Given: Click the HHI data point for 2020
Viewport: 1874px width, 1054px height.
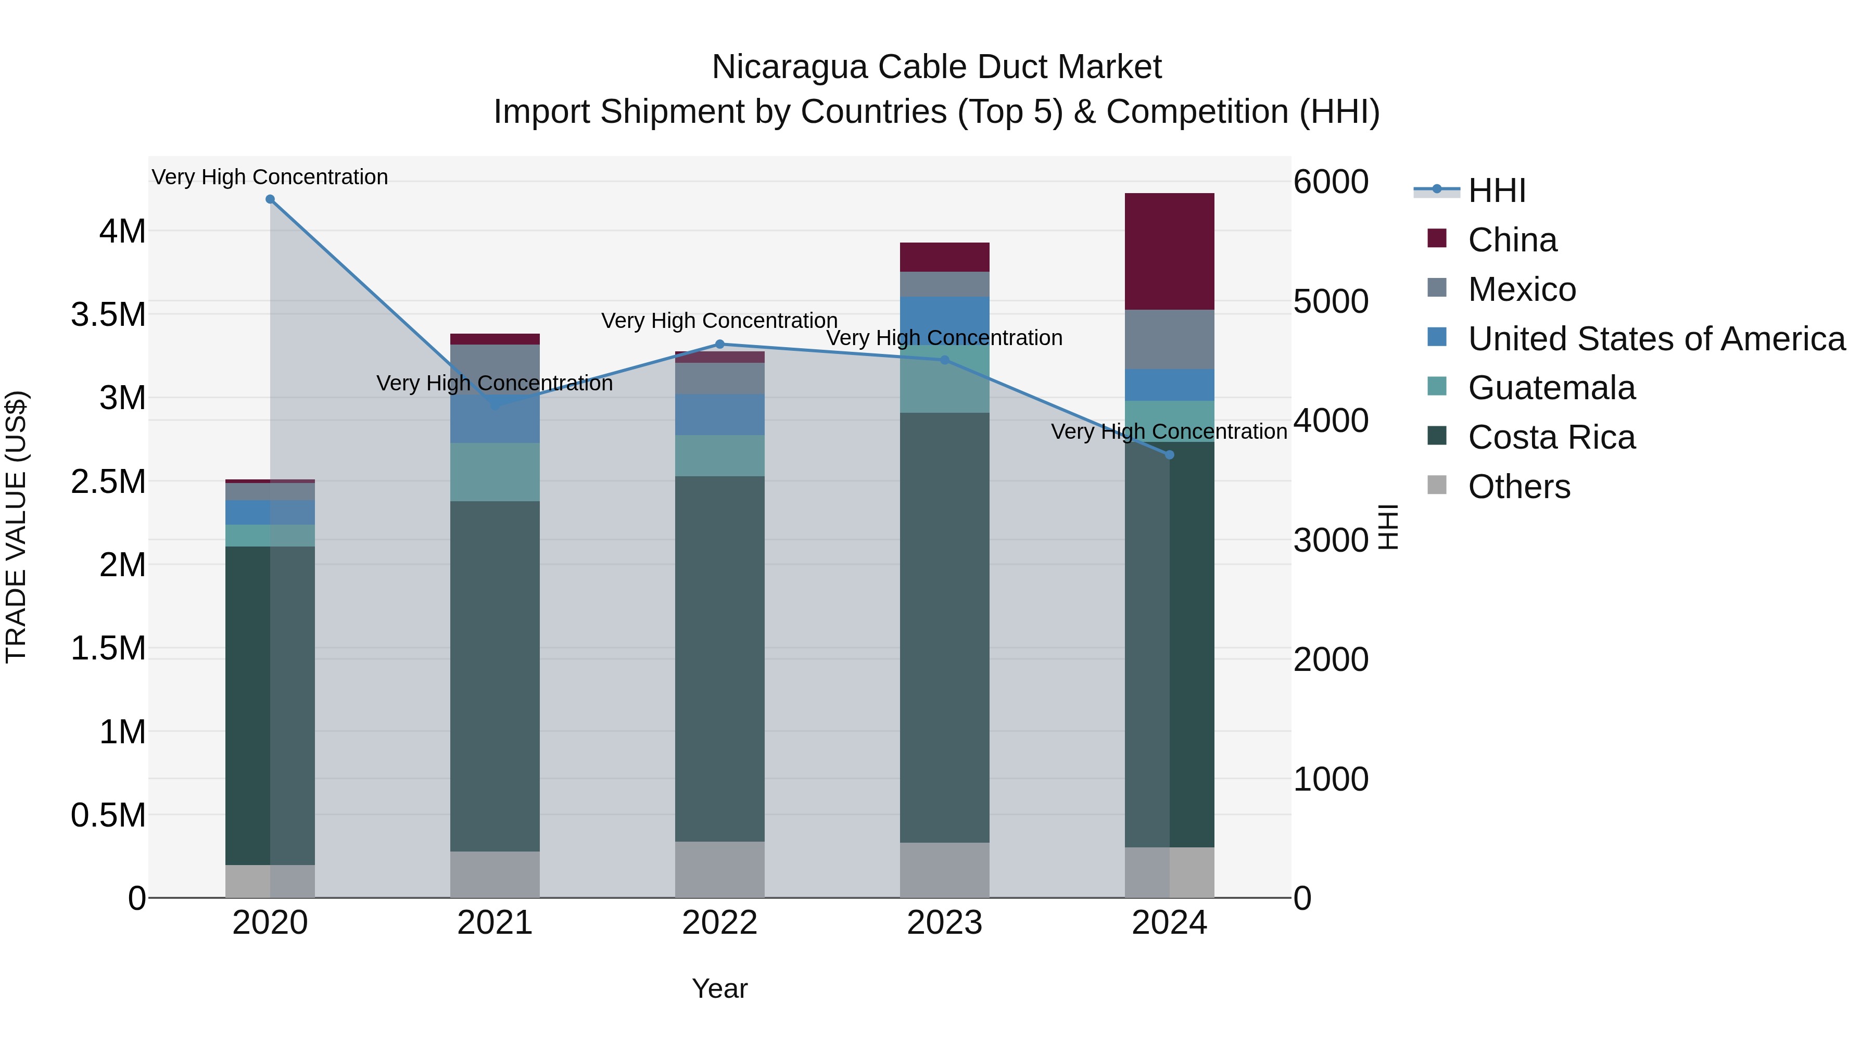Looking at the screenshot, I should tap(270, 199).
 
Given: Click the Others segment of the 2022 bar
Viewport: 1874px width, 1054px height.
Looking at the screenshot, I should tap(719, 869).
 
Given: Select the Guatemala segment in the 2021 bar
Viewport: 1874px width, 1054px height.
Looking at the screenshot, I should tap(495, 472).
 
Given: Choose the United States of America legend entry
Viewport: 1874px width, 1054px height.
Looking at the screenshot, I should tap(1656, 339).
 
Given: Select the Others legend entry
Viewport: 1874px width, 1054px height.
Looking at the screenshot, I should tap(1518, 487).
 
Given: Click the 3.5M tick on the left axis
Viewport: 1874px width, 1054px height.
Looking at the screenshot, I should tap(108, 315).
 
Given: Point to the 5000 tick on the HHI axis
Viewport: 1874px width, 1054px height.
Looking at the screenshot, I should tap(1331, 301).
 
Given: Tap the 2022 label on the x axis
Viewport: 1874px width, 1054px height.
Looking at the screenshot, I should tap(719, 923).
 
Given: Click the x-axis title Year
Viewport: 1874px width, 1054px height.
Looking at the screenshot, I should tap(719, 988).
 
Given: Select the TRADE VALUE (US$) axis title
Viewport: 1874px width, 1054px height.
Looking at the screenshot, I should tap(16, 527).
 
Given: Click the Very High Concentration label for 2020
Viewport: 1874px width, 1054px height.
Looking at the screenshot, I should tap(270, 177).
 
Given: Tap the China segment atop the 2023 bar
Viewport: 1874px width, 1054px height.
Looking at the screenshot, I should tap(944, 257).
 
